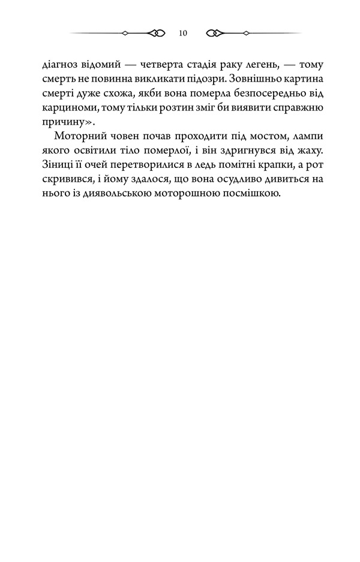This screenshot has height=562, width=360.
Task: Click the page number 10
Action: [182, 33]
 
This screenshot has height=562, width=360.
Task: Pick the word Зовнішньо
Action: [254, 79]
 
